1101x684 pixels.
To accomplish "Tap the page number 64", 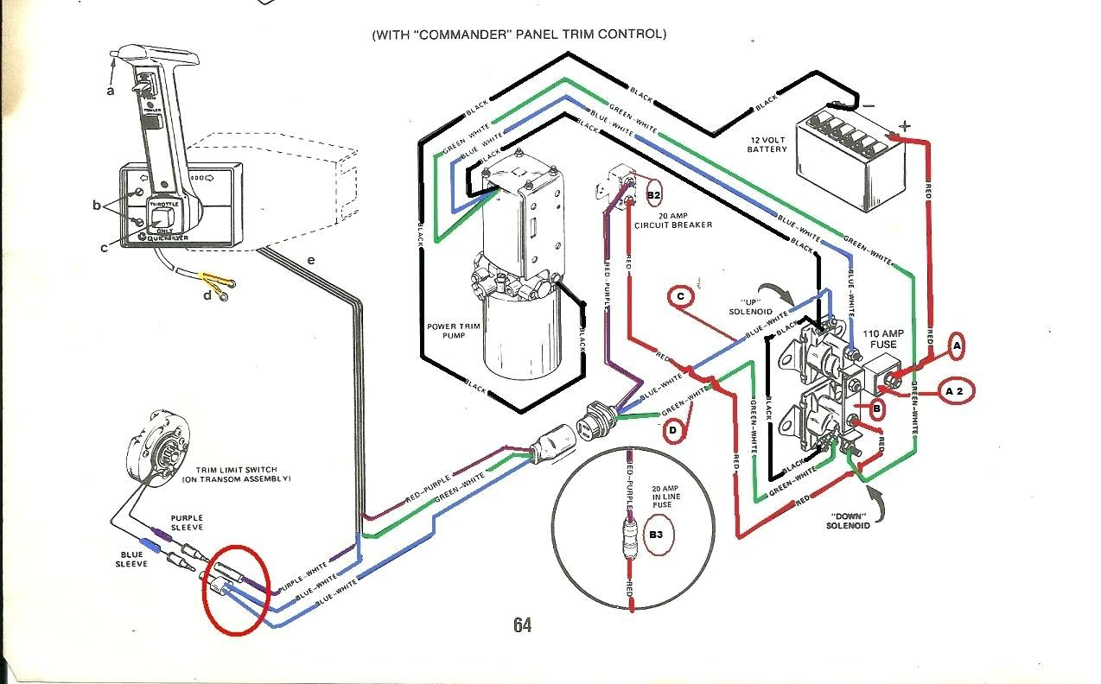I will [521, 625].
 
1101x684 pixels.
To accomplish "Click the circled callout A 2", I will [954, 391].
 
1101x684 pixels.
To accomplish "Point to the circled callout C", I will [681, 297].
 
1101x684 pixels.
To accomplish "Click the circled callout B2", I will [653, 196].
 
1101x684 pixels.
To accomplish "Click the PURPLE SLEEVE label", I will [186, 522].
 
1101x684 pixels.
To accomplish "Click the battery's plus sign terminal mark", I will [905, 126].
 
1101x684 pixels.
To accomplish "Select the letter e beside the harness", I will [311, 258].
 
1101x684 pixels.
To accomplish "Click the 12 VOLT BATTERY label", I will [767, 143].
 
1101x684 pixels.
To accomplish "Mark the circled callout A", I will [956, 345].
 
